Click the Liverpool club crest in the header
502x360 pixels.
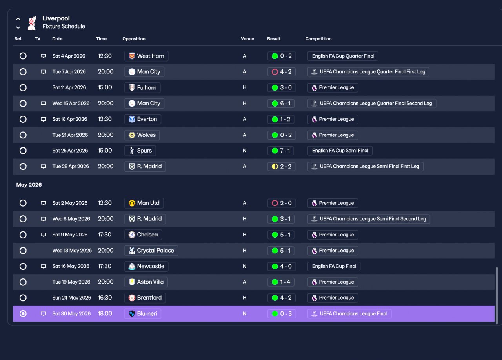[x=32, y=23]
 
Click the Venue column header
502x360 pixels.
[x=247, y=39]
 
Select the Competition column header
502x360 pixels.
[x=318, y=39]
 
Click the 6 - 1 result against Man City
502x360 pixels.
[x=281, y=104]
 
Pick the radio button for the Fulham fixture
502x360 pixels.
[x=23, y=87]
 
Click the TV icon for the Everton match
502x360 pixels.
[x=44, y=119]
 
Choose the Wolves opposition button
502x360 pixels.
[x=142, y=135]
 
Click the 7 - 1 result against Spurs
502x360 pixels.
[x=281, y=151]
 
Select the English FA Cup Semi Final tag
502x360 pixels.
[x=340, y=151]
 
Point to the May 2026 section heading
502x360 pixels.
[x=29, y=185]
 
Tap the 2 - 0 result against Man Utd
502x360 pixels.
[x=282, y=203]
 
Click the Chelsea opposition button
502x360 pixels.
[x=143, y=235]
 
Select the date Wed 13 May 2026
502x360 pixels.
[x=72, y=250]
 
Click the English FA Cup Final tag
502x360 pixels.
[x=334, y=266]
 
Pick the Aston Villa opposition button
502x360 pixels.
[x=146, y=282]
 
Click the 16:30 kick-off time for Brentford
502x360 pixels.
[x=105, y=298]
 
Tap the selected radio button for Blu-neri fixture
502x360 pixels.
[x=23, y=314]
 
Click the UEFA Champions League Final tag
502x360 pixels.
[x=349, y=314]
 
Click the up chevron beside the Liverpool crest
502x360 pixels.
[x=18, y=19]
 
